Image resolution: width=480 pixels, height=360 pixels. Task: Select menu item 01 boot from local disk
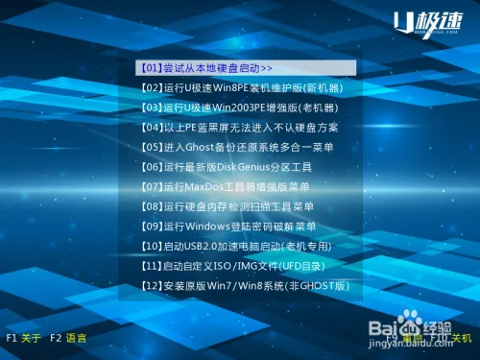tap(206, 69)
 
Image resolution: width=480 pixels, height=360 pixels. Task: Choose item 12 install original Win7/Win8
tap(244, 286)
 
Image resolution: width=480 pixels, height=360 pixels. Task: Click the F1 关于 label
tap(24, 338)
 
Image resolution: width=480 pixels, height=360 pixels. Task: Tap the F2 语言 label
tap(68, 338)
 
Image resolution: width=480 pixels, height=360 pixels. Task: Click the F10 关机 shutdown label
tap(451, 338)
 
